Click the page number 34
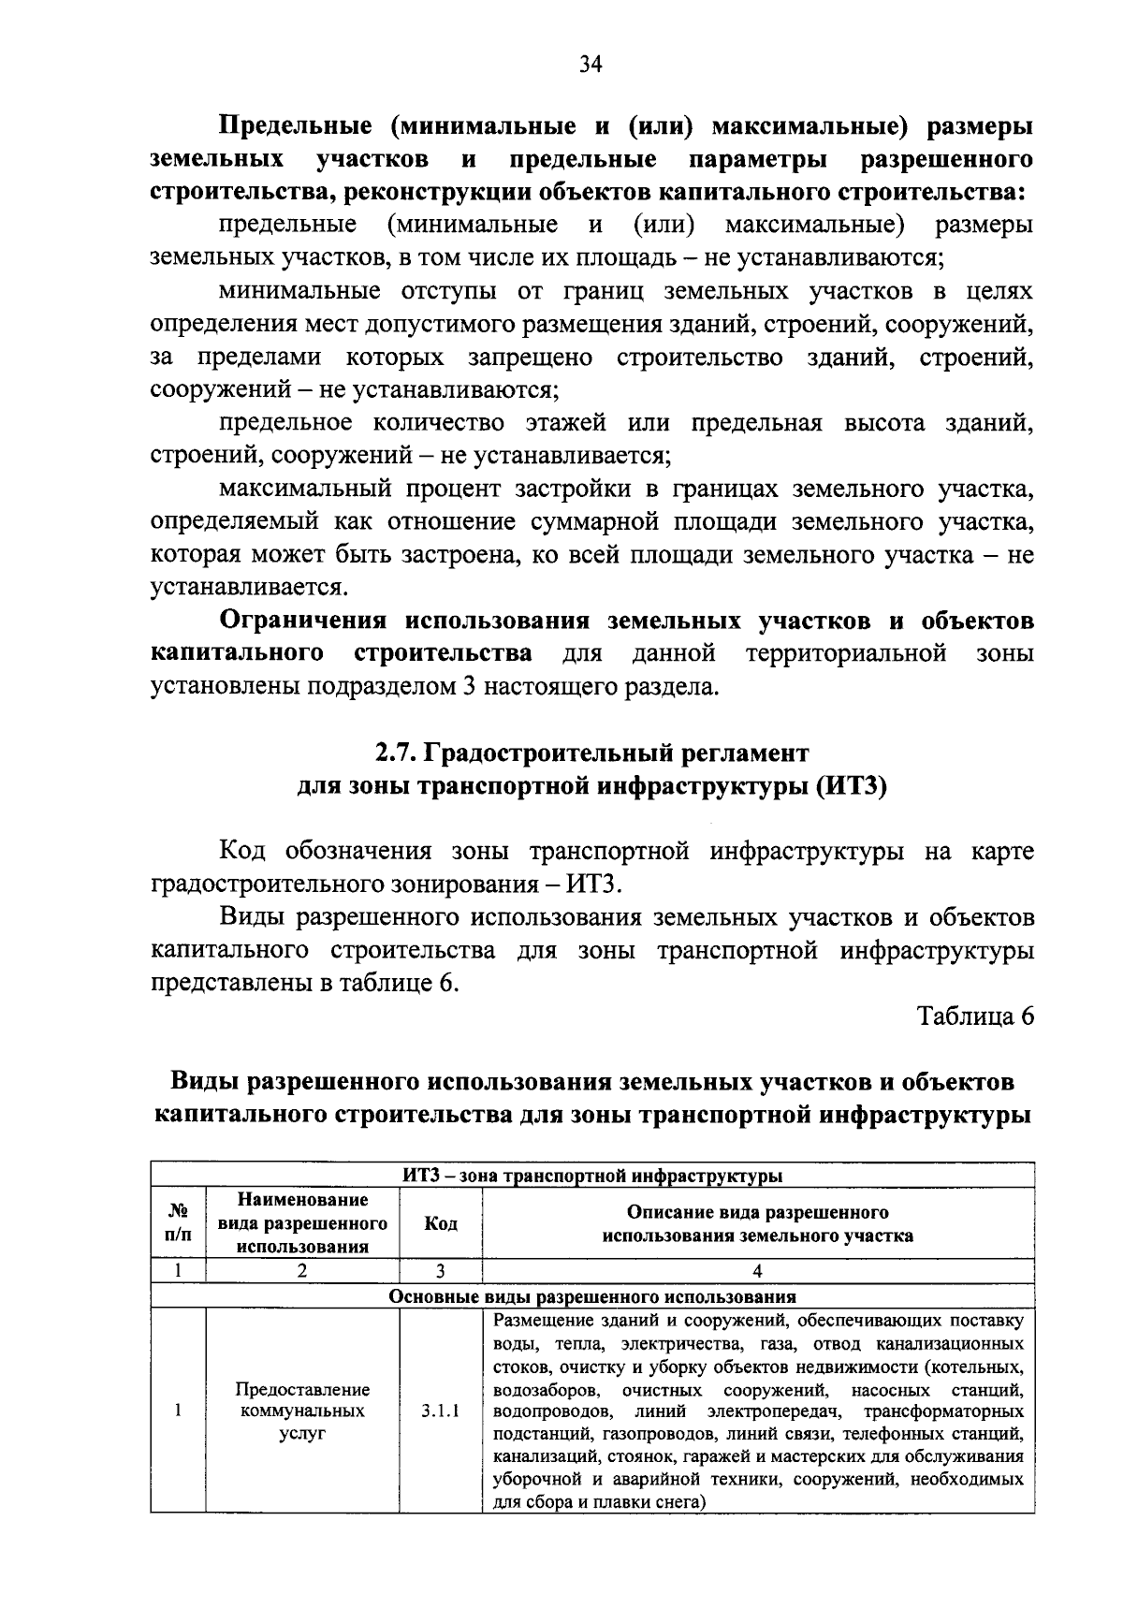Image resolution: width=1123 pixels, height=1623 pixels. (591, 63)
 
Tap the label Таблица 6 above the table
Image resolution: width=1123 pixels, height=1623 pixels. (976, 1016)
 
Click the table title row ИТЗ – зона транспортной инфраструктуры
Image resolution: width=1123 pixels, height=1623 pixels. (591, 1176)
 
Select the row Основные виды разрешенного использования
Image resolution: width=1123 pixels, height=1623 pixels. (591, 1296)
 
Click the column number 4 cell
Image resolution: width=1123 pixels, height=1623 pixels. (757, 1271)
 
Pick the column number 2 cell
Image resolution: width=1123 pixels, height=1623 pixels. (302, 1271)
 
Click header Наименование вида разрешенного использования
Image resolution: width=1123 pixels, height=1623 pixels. (302, 1223)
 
